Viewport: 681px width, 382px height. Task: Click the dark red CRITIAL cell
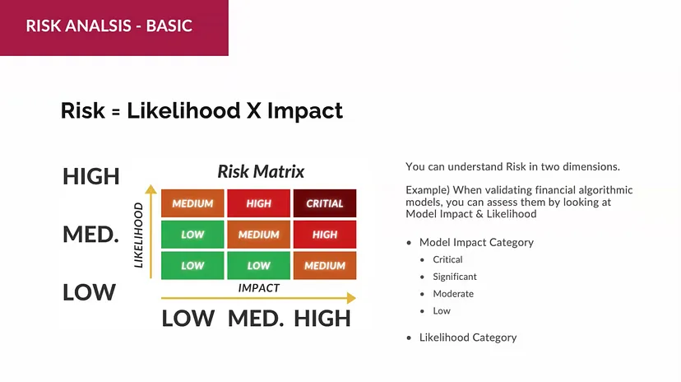(x=325, y=203)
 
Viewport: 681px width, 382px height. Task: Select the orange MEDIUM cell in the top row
(x=192, y=203)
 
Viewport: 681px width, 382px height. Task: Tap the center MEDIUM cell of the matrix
(x=259, y=235)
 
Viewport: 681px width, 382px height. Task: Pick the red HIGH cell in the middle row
(x=325, y=235)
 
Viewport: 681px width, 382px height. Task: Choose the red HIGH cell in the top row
(x=259, y=203)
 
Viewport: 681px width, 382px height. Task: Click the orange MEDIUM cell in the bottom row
(x=325, y=266)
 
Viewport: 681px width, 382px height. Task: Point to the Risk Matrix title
(x=261, y=172)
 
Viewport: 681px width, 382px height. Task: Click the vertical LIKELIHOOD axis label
(x=138, y=235)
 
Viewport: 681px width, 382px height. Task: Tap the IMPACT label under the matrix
(x=259, y=288)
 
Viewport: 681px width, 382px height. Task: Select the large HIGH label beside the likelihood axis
(x=91, y=176)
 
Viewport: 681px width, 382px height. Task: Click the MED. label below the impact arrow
(x=256, y=319)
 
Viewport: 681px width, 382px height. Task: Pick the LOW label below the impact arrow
(x=188, y=319)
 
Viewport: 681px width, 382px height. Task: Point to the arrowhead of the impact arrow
(x=351, y=298)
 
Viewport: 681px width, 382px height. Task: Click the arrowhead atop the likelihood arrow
(x=151, y=189)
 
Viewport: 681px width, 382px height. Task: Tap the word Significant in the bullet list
(x=455, y=277)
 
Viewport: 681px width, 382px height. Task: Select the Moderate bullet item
(x=453, y=294)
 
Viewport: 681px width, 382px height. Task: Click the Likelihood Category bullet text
(x=468, y=338)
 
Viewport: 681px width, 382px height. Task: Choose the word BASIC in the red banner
(x=169, y=26)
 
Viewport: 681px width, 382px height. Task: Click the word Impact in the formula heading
(x=305, y=111)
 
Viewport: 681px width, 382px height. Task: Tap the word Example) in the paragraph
(x=428, y=190)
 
